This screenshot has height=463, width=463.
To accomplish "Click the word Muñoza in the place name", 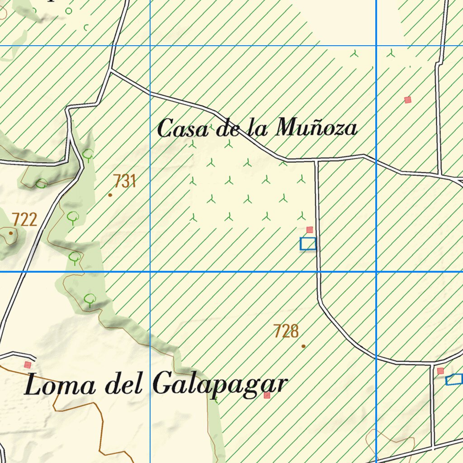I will point(316,128).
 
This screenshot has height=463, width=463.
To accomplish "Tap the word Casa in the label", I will point(183,129).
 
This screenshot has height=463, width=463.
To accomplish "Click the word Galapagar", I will point(220,386).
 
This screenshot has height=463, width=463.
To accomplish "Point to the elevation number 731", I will point(124,181).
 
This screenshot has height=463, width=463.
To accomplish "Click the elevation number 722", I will point(24,220).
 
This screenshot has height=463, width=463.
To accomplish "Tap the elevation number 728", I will point(286,331).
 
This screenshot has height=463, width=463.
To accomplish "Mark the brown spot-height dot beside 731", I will point(110,195).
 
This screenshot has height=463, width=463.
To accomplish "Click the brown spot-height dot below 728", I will point(303,346).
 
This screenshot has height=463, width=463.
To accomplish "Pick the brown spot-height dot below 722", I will point(11,233).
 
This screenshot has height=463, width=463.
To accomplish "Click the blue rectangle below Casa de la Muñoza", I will point(308,244).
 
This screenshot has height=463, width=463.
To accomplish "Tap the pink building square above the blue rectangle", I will point(310,230).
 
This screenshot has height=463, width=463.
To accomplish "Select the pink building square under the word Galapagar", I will point(267,395).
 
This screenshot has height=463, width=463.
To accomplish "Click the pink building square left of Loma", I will point(28,364).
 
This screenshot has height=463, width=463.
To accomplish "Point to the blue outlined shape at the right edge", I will point(454,379).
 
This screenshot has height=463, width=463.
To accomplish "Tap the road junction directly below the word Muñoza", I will point(316,160).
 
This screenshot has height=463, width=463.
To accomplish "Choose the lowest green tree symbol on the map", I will point(90,299).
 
